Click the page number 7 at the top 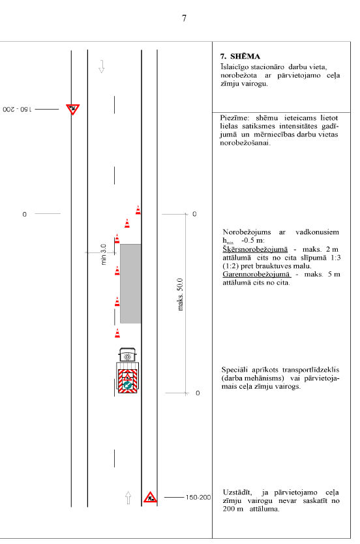tap(184, 18)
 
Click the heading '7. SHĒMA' tap(240, 57)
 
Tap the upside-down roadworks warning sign tap(73, 109)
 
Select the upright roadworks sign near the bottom tap(150, 497)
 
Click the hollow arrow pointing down tap(102, 67)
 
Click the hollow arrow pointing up tap(128, 498)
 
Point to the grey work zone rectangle tap(130, 284)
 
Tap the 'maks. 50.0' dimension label tap(180, 294)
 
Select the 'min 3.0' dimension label tap(103, 254)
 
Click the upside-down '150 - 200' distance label tap(17, 110)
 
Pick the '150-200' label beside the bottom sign tap(198, 497)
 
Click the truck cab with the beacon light tap(127, 355)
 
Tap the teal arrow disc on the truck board tap(128, 385)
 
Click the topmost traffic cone tap(138, 209)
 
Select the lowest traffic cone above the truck tap(117, 333)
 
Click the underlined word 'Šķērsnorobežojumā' tap(255, 249)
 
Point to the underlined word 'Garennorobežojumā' tap(256, 274)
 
